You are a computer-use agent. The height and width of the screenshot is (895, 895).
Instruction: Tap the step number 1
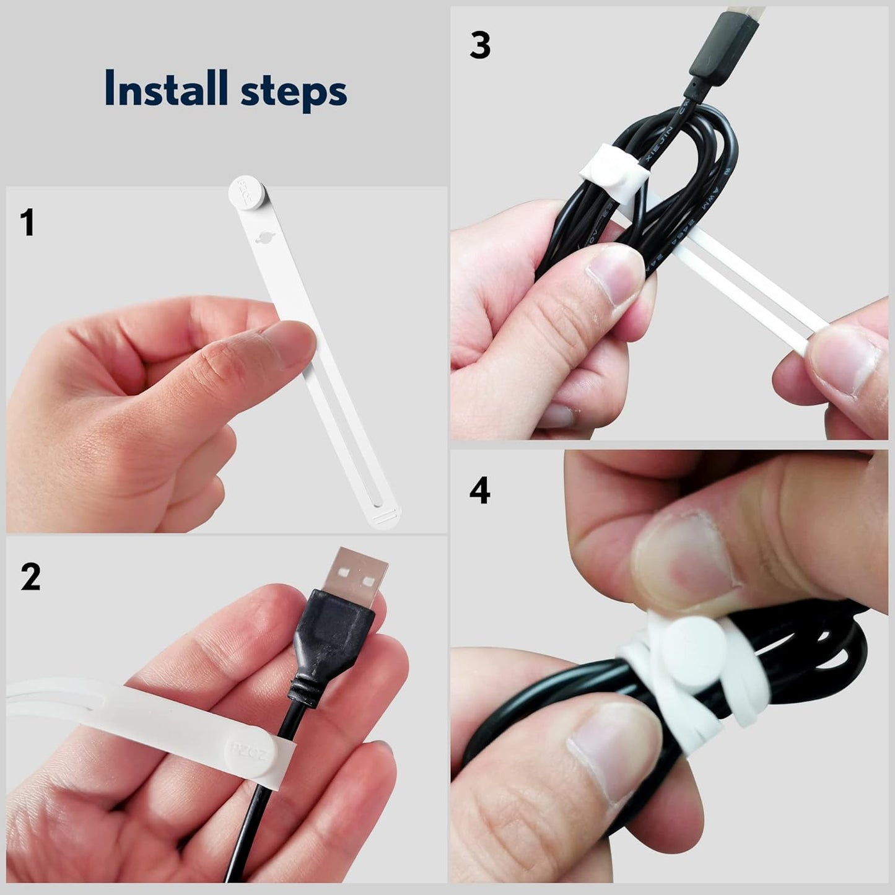pyautogui.click(x=27, y=223)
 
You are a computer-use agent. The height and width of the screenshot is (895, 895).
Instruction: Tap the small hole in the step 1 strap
pyautogui.click(x=263, y=237)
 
